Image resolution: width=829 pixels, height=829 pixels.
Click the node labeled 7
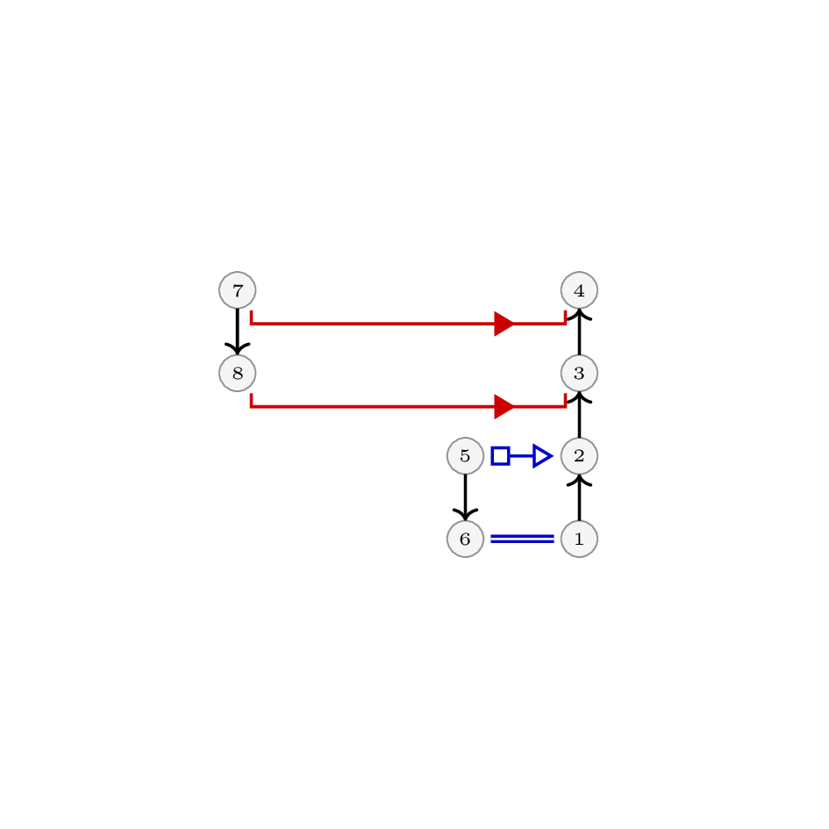point(238,290)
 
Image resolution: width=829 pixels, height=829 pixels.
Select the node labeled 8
point(238,373)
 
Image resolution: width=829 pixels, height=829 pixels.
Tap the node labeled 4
point(580,290)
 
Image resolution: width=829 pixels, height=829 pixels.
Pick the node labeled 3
point(580,373)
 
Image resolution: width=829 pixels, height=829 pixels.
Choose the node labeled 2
point(580,456)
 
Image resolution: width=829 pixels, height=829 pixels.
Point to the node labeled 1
point(580,539)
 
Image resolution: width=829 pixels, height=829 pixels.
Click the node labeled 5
point(465,456)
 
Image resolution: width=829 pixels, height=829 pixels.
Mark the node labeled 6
point(465,539)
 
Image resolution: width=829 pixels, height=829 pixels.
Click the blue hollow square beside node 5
point(500,456)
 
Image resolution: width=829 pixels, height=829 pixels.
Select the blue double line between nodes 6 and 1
point(522,539)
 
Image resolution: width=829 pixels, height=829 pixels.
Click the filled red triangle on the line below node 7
point(504,324)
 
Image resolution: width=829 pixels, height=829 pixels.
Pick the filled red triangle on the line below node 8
point(504,406)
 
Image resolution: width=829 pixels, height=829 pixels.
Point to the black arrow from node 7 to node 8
point(238,332)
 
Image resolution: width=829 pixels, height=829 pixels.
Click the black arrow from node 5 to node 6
point(465,497)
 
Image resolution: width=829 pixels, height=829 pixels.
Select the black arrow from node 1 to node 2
point(580,497)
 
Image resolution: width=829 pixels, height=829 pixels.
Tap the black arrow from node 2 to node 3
point(580,414)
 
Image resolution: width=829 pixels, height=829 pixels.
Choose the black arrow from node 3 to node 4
point(580,332)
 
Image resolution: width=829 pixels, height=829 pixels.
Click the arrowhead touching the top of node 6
point(465,514)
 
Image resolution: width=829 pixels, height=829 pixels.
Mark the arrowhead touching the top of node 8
point(238,349)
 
